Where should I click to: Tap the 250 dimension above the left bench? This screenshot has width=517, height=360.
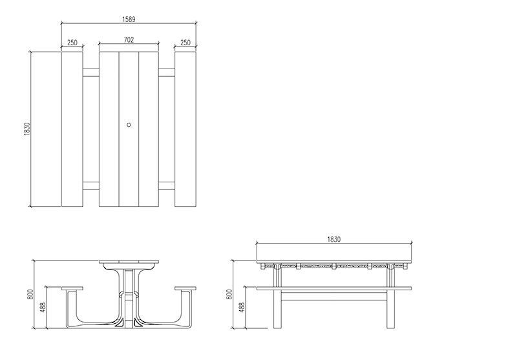(72, 43)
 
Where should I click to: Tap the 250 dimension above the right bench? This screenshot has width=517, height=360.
(185, 43)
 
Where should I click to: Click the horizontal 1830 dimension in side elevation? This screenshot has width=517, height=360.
(333, 239)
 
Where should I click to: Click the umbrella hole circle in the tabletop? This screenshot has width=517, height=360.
(129, 124)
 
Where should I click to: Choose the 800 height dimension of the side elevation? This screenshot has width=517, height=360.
(228, 293)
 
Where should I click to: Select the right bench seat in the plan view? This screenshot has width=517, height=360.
(185, 128)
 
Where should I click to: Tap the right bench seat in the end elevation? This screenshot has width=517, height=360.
(185, 288)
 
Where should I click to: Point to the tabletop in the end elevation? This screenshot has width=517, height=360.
(129, 263)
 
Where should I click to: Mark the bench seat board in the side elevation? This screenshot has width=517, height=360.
(333, 288)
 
